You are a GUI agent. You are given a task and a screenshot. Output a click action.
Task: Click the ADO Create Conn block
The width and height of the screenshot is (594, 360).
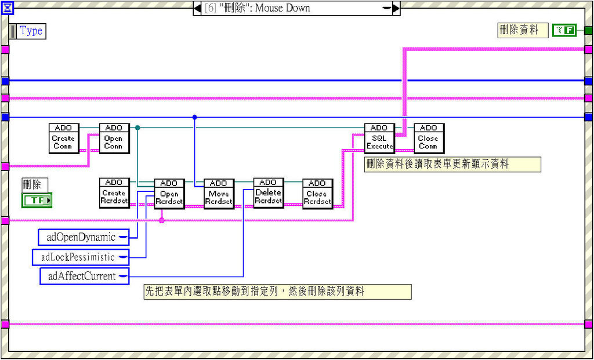point(64,139)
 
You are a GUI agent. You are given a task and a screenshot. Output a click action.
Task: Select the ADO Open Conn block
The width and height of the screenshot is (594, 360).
point(114,139)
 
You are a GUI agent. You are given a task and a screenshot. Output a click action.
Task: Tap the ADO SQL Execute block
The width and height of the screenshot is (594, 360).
point(379,139)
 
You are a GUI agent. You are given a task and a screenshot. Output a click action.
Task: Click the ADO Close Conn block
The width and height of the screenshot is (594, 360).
point(429,139)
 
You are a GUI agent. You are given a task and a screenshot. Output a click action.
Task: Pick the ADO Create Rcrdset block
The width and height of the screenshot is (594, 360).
point(114,193)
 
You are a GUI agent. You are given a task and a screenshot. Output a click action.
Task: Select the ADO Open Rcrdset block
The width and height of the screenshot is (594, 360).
point(169,194)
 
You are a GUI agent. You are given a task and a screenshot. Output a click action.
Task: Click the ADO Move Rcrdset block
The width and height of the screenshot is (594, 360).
point(219,194)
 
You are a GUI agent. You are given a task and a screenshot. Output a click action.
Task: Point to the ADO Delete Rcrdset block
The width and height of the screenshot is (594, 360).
point(269,193)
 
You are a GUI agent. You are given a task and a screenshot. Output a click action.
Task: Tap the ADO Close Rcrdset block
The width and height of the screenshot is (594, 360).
point(317,194)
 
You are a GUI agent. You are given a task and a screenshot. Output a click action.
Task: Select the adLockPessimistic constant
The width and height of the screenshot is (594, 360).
point(80,257)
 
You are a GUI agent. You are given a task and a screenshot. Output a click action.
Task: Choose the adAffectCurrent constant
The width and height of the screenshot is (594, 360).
point(84,276)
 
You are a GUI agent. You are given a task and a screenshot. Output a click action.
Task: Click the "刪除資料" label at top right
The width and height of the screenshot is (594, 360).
point(523,30)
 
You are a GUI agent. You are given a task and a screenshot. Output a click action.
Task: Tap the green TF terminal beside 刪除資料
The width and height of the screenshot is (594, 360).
point(564,30)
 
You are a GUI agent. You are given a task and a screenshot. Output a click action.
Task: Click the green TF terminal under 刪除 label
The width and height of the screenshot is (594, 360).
point(37,201)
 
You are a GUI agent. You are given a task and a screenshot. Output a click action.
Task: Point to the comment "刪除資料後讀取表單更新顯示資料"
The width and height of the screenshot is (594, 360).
point(452,164)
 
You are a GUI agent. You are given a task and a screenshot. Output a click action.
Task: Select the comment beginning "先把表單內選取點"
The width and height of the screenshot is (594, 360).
point(277,291)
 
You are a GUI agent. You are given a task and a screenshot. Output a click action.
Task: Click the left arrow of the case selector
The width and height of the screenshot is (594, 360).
point(197,8)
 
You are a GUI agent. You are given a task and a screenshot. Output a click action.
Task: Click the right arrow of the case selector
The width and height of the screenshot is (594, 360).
point(396,8)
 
